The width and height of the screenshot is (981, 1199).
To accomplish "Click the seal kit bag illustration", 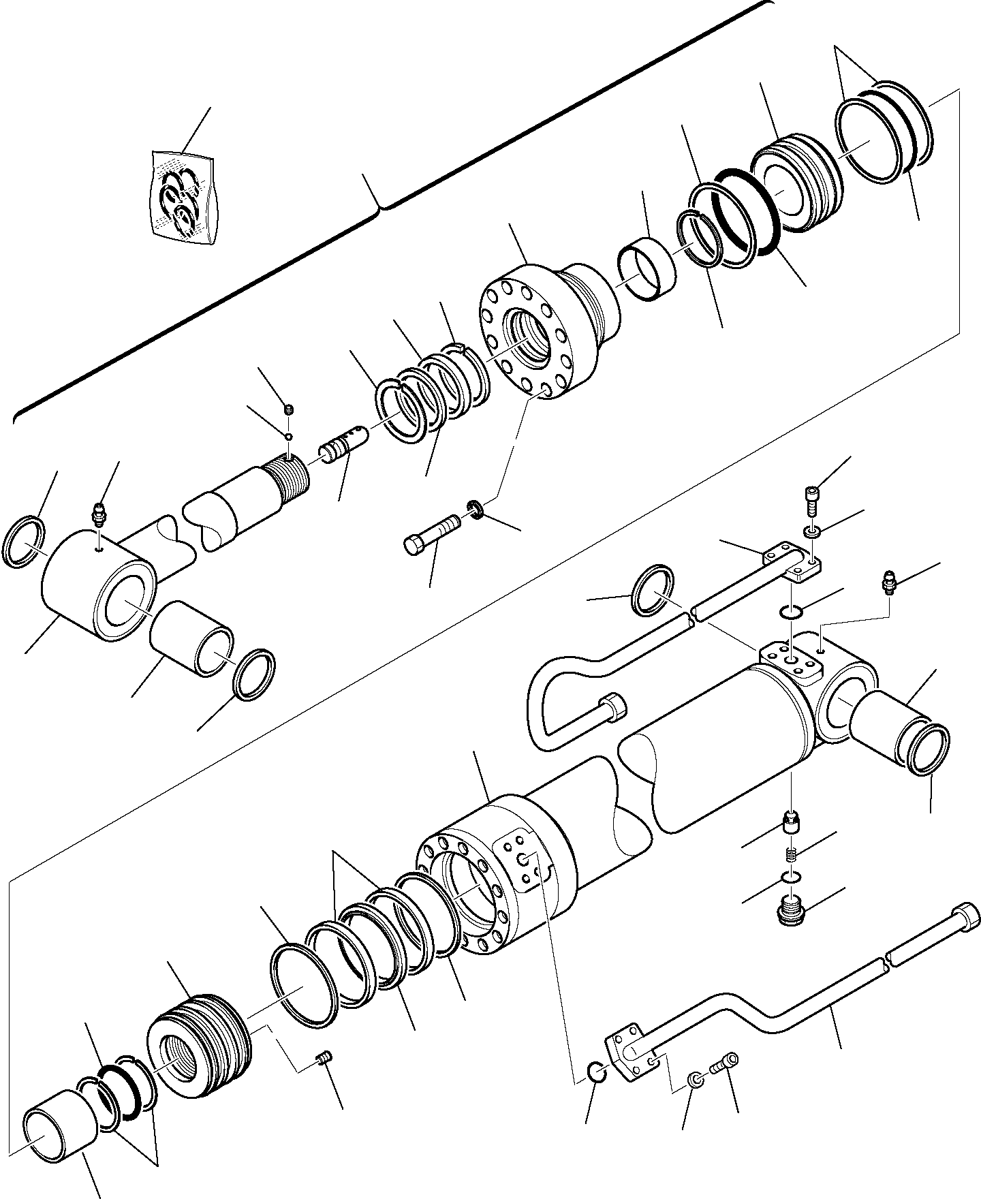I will (183, 198).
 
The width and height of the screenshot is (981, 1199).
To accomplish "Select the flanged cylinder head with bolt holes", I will (538, 327).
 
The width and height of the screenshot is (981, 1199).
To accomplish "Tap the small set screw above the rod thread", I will (289, 409).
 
